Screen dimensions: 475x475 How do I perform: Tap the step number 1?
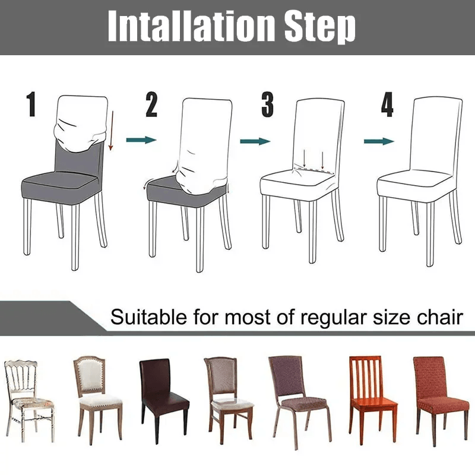coord(31,105)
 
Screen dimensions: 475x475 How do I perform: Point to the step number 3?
coord(268,105)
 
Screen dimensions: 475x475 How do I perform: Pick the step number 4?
coord(387,105)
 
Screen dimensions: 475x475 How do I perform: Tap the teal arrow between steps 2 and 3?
coord(255,141)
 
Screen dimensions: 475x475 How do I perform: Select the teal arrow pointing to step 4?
coord(379,141)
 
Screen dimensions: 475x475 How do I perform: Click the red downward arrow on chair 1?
coord(111,128)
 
